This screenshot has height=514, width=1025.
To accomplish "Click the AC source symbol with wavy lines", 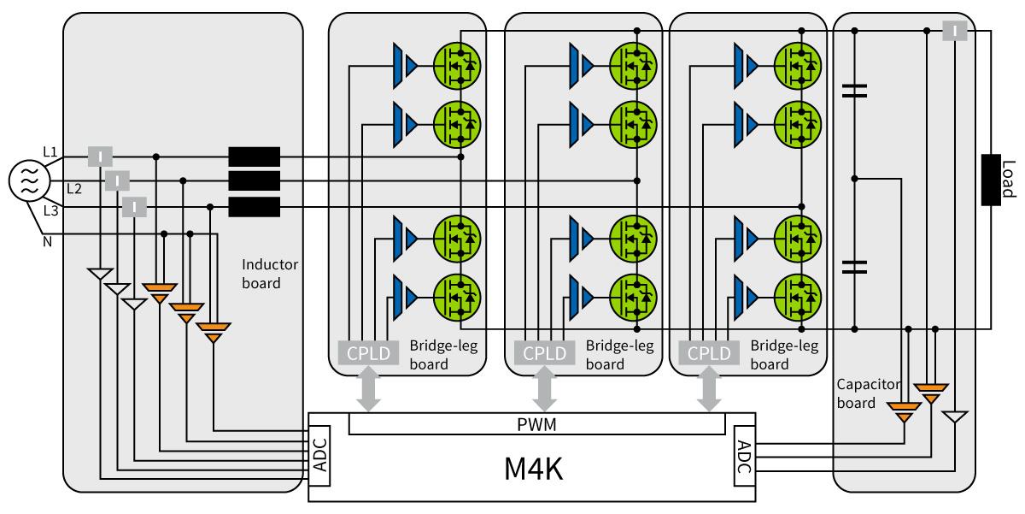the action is pyautogui.click(x=29, y=180).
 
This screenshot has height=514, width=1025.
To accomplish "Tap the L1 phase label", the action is pyautogui.click(x=50, y=151).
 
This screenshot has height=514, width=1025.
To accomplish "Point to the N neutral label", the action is pyautogui.click(x=47, y=242).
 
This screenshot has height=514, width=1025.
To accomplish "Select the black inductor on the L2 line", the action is pyautogui.click(x=254, y=181).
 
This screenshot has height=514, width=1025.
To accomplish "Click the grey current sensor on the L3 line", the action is pyautogui.click(x=134, y=207).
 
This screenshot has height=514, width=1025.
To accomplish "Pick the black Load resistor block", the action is pyautogui.click(x=991, y=180).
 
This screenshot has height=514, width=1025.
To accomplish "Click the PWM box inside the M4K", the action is pyautogui.click(x=536, y=423).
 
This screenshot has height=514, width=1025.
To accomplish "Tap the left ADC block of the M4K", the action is pyautogui.click(x=319, y=455).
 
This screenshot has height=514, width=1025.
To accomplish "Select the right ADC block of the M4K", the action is pyautogui.click(x=745, y=455).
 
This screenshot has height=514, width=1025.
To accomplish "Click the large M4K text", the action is pyautogui.click(x=533, y=469).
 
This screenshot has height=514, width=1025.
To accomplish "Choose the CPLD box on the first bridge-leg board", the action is pyautogui.click(x=368, y=352).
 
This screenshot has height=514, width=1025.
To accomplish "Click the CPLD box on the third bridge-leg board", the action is pyautogui.click(x=709, y=352).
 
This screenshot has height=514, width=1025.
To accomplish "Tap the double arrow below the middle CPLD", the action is pyautogui.click(x=545, y=388).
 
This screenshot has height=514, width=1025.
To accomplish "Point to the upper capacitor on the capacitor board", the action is pyautogui.click(x=854, y=91).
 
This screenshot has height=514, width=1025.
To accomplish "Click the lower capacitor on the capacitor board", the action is pyautogui.click(x=854, y=267).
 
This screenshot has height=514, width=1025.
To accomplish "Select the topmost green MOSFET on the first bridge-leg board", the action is pyautogui.click(x=457, y=66).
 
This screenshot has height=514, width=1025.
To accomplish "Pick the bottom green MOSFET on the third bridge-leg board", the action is pyautogui.click(x=798, y=298).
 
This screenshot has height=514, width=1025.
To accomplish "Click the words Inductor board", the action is pyautogui.click(x=270, y=274).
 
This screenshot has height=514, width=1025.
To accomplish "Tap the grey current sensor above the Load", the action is pyautogui.click(x=955, y=31).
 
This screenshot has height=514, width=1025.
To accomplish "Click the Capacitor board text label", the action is pyautogui.click(x=869, y=393).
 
